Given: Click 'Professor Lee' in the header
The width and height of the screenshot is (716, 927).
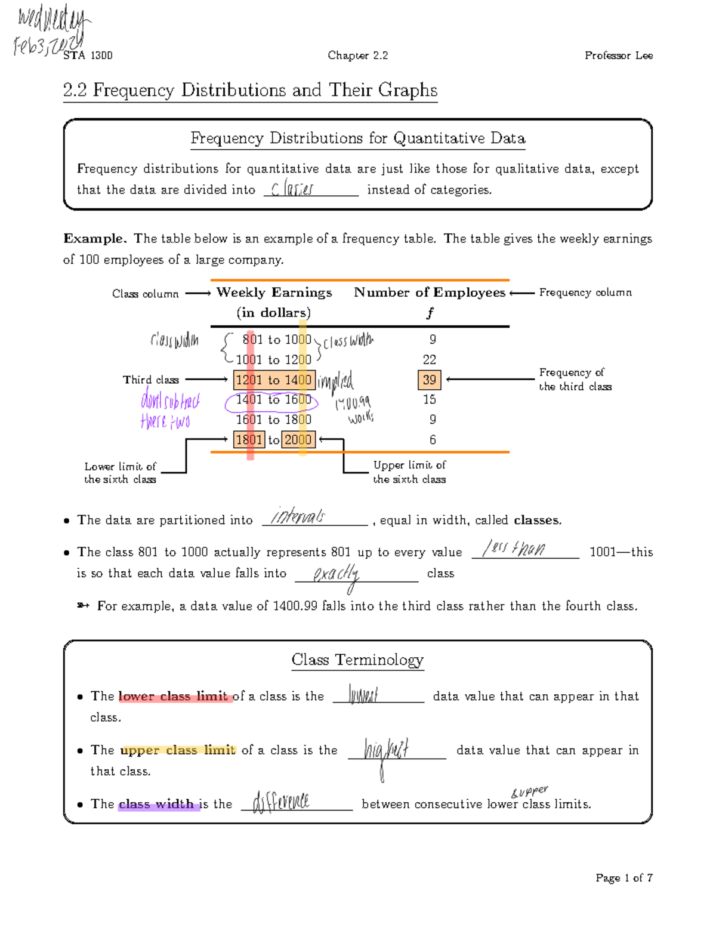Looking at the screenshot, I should pos(618,56).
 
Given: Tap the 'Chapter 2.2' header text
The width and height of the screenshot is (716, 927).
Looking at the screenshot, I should pos(357,56).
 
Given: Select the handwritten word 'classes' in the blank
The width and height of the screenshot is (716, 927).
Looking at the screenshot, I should pos(292,189).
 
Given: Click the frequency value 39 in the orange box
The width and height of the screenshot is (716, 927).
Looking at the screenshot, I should pos(429,380).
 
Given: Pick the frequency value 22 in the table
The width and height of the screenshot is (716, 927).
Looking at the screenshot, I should pos(429,359).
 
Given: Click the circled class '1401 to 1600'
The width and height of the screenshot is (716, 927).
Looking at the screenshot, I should pos(273,401).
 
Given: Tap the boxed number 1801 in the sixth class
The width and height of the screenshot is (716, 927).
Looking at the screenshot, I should pos(249,440).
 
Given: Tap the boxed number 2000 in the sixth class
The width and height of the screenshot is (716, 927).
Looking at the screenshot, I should pos(297,440).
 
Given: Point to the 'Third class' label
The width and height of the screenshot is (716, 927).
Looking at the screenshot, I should pos(150,380).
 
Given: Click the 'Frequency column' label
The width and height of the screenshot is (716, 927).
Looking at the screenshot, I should pos(585,292).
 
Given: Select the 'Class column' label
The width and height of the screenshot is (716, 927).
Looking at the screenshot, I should pos(145,294).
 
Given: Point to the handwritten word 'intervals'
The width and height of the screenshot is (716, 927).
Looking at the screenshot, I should pos(298,516).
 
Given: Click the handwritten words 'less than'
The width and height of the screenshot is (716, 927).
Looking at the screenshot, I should pos(514,549).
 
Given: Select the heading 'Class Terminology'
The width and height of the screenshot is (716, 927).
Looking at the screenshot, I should pos(357,660).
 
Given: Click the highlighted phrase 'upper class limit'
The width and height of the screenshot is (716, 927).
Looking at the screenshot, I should pos(178,750).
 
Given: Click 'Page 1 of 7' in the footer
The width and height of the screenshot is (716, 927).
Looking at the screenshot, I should pos(624,877).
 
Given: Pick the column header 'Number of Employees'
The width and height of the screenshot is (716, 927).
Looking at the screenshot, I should pos(429,292).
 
